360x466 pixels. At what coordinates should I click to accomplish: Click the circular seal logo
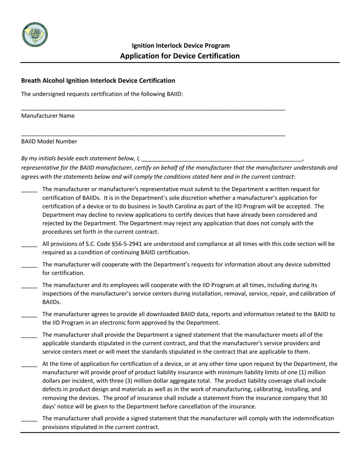(x=35, y=34)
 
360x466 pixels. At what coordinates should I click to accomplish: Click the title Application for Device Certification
(x=180, y=56)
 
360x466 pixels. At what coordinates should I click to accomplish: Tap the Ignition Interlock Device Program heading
(x=180, y=45)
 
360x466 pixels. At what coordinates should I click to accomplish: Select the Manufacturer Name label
(x=48, y=116)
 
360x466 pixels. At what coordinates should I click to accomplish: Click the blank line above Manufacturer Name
(x=153, y=109)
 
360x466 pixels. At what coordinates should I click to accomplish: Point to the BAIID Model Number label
(x=49, y=141)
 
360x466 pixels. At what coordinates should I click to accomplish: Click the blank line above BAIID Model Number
(x=153, y=135)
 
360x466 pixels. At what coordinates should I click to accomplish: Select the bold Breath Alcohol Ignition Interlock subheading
(x=98, y=80)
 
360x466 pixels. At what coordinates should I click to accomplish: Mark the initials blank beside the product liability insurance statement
(x=29, y=366)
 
